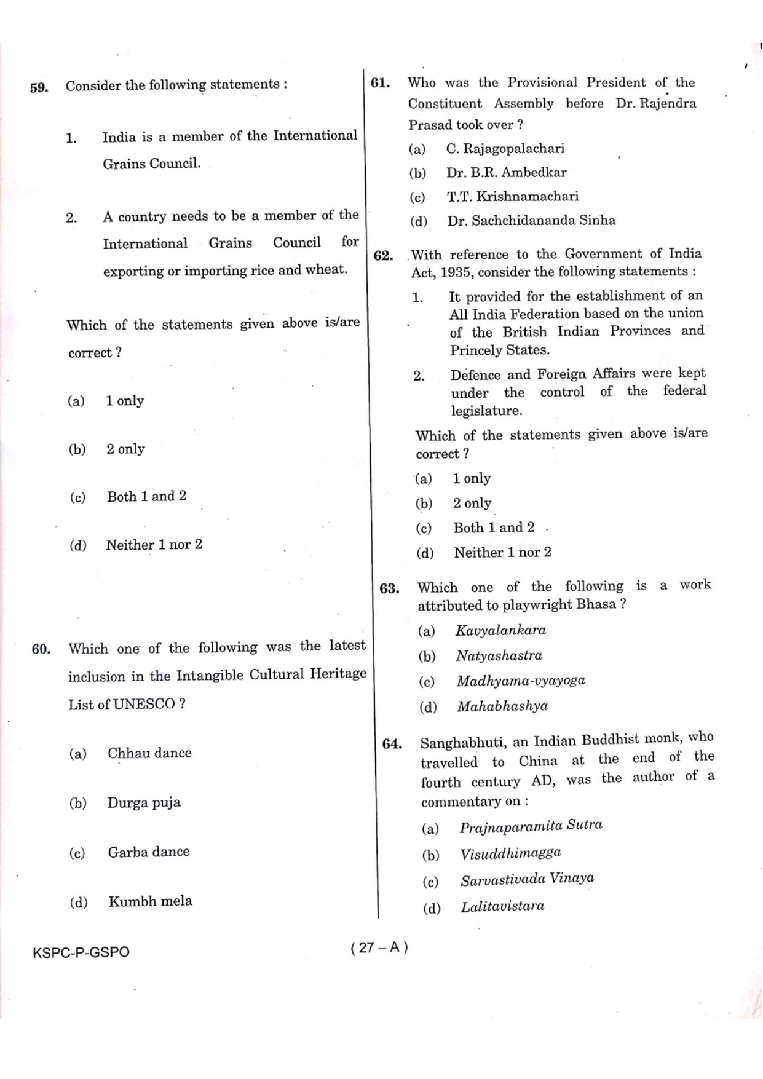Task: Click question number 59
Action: pyautogui.click(x=39, y=87)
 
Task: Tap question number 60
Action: pyautogui.click(x=41, y=649)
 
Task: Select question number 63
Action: pyautogui.click(x=389, y=588)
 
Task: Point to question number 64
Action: pyautogui.click(x=392, y=744)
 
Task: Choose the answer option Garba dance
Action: pyautogui.click(x=149, y=852)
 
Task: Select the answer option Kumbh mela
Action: pyautogui.click(x=150, y=901)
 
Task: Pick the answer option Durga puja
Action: pyautogui.click(x=144, y=803)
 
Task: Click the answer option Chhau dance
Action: pyautogui.click(x=149, y=753)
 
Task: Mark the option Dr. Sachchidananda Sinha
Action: pyautogui.click(x=531, y=221)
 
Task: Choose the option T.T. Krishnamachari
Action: pyautogui.click(x=513, y=197)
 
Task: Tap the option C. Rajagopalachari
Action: pyautogui.click(x=505, y=149)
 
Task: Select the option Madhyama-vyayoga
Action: pyautogui.click(x=521, y=681)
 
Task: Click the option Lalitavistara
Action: pyautogui.click(x=502, y=906)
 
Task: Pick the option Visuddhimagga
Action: pyautogui.click(x=511, y=853)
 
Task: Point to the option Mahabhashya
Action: pyautogui.click(x=502, y=706)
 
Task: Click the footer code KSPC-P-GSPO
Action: pyautogui.click(x=81, y=952)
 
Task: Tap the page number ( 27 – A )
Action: pyautogui.click(x=379, y=947)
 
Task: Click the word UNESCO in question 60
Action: pyautogui.click(x=144, y=705)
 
